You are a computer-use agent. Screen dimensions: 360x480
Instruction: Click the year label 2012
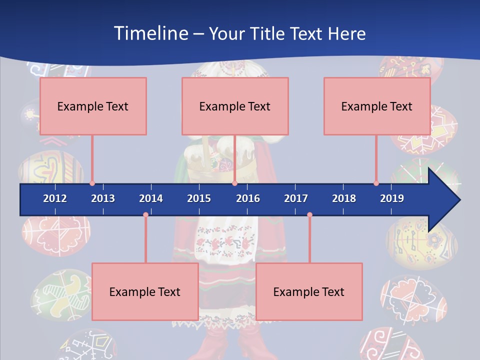[x=55, y=198]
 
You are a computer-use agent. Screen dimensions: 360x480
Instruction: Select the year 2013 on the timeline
[x=103, y=198]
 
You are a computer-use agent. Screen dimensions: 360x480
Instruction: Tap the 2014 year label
[x=151, y=198]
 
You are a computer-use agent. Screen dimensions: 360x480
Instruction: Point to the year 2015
[x=199, y=198]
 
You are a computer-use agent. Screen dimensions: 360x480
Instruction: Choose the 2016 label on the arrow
[x=248, y=198]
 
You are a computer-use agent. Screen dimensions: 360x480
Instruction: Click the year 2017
[x=296, y=198]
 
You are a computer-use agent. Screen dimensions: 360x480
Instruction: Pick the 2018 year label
[x=344, y=198]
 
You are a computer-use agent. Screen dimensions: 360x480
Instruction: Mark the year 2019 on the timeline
[x=392, y=198]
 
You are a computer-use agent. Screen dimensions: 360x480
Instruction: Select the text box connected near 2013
[x=93, y=106]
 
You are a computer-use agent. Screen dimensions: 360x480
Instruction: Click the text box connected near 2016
[x=235, y=106]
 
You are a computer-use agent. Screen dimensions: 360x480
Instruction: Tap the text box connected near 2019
[x=377, y=106]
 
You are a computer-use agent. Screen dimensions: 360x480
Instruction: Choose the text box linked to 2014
[x=145, y=291]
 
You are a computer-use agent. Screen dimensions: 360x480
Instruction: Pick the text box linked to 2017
[x=309, y=291]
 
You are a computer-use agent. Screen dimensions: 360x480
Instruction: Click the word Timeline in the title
[x=150, y=33]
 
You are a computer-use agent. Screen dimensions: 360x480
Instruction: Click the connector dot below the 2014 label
[x=145, y=215]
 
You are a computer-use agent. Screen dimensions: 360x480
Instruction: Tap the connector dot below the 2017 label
[x=309, y=215]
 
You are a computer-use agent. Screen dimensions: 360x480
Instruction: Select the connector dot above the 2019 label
[x=376, y=183]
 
